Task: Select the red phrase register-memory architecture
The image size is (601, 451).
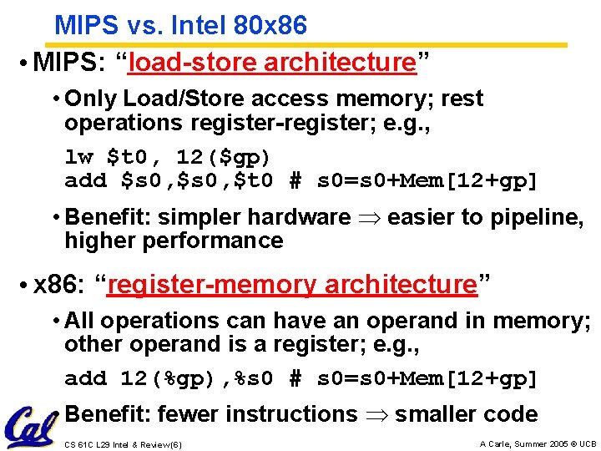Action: (291, 285)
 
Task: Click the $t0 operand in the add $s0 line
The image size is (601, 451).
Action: (257, 180)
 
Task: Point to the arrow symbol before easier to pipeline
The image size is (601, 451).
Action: (369, 218)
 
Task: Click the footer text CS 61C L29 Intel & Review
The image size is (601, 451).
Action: (122, 443)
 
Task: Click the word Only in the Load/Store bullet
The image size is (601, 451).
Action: (90, 99)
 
